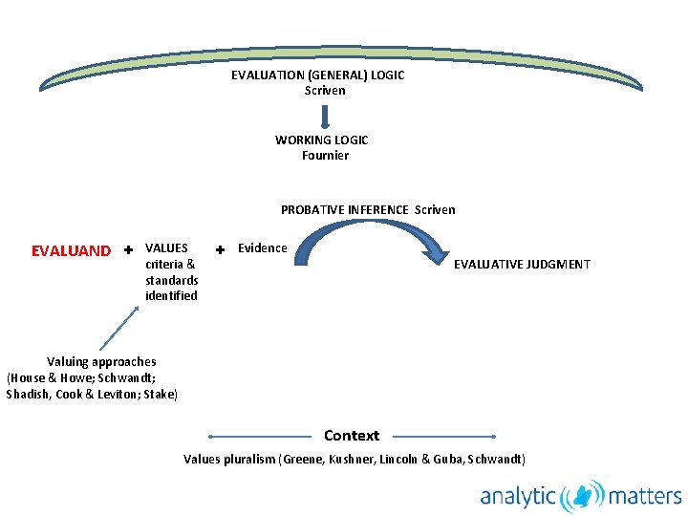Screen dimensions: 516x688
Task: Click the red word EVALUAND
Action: (x=71, y=251)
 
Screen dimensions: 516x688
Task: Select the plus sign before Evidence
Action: (x=220, y=249)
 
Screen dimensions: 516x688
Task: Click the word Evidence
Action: (x=262, y=248)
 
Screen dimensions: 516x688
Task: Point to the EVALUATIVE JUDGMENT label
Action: (x=522, y=264)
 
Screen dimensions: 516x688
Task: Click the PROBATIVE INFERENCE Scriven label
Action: (x=368, y=209)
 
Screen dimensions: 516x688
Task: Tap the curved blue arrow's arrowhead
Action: (x=435, y=253)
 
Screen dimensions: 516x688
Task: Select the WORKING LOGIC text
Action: (x=321, y=140)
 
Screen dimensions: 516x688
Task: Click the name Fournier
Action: (x=325, y=155)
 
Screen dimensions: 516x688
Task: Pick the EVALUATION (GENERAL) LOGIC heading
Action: (x=317, y=75)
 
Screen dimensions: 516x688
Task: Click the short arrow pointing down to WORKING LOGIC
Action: (x=325, y=116)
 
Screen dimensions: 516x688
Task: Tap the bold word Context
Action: (x=352, y=436)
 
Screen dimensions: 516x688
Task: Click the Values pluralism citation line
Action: (x=354, y=459)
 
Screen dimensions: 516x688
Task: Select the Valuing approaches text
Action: (x=101, y=361)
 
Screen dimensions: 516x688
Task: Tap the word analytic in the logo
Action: (x=518, y=496)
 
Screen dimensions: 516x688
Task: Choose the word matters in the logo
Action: (x=644, y=496)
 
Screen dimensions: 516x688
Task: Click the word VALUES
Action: (x=166, y=247)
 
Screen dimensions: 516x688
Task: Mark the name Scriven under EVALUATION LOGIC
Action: (x=325, y=90)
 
